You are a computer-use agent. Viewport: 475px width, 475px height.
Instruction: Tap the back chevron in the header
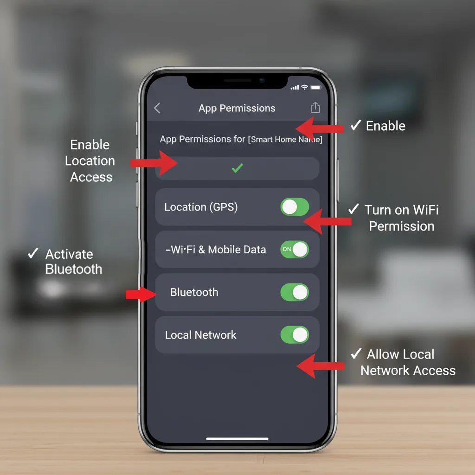coord(157,108)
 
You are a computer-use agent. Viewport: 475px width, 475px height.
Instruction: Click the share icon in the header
coord(315,108)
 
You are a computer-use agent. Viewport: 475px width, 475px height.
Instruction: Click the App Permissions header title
coord(237,108)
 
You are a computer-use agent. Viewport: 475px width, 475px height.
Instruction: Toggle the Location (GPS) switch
coord(295,207)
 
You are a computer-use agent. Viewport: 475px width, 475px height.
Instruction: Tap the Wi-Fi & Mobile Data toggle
coord(295,250)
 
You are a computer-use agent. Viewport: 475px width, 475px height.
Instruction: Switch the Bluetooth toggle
coord(295,292)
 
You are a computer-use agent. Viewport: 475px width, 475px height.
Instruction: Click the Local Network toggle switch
coord(295,335)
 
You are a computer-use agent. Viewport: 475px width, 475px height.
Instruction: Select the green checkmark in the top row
coord(237,168)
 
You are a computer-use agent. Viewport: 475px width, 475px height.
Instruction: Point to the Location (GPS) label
coord(201,207)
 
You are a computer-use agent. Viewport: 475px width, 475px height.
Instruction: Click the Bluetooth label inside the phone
coord(194,292)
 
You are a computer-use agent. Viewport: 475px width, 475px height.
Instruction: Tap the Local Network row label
coord(200,335)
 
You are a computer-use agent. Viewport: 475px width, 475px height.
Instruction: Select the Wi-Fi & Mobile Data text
coord(216,250)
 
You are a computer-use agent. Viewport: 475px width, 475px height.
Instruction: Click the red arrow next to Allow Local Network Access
coord(320,366)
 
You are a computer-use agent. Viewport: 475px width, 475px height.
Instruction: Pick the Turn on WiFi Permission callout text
coord(401,218)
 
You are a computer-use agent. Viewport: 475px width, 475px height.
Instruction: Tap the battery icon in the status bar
coord(316,87)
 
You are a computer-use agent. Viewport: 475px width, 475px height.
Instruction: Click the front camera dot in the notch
coord(262,80)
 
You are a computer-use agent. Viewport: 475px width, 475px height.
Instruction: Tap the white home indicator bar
coord(237,438)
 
